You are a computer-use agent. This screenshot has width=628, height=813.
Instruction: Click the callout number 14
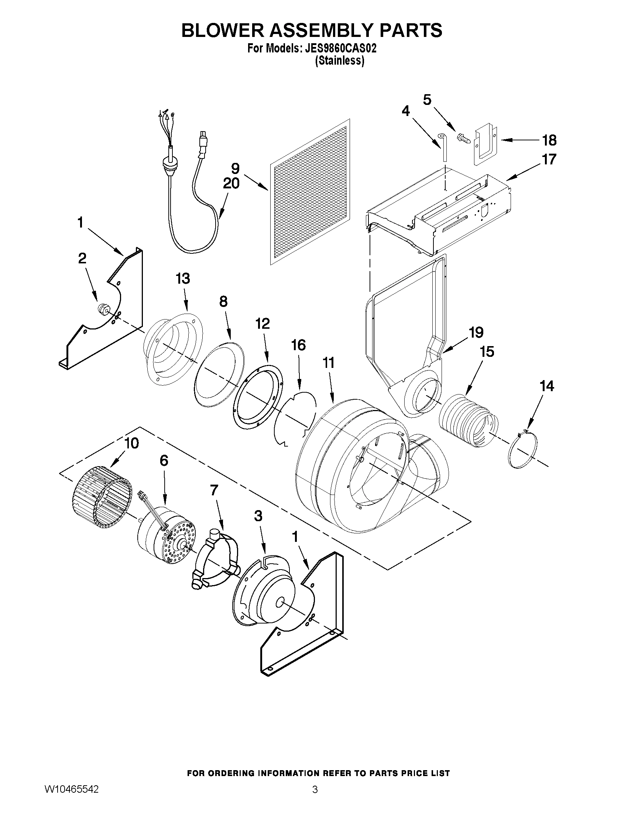pyautogui.click(x=546, y=386)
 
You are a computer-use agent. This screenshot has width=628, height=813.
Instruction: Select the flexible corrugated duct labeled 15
pyautogui.click(x=467, y=420)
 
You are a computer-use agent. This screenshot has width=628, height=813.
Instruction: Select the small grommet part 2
pyautogui.click(x=103, y=309)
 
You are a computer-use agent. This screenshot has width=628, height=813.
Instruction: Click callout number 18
pyautogui.click(x=549, y=140)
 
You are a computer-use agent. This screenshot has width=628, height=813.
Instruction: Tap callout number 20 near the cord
pyautogui.click(x=231, y=184)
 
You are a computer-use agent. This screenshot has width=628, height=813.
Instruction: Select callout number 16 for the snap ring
pyautogui.click(x=298, y=345)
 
